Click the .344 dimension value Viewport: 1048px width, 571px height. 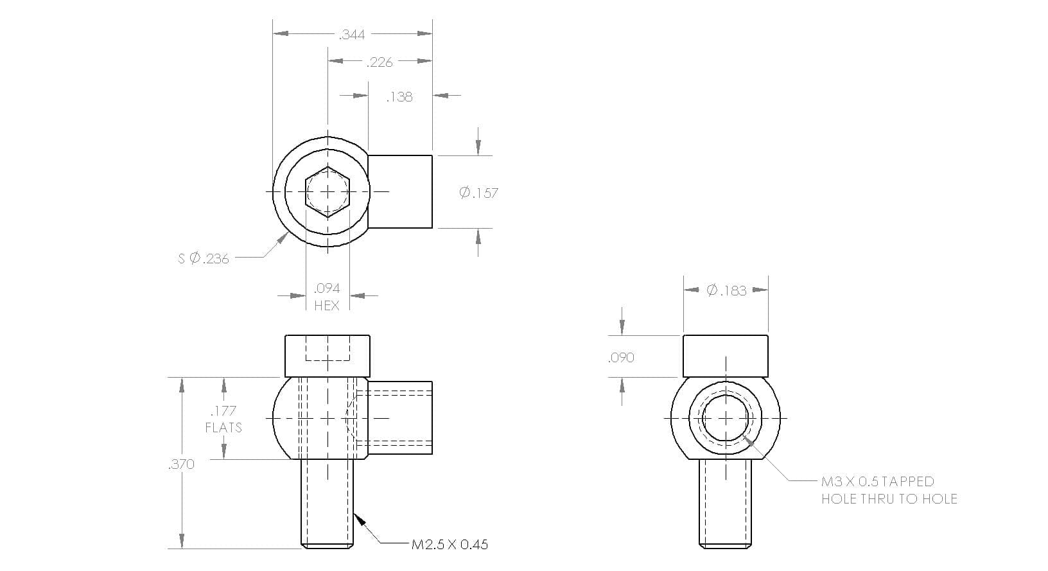point(352,35)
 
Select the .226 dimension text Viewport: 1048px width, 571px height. point(380,62)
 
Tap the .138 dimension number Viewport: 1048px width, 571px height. point(399,97)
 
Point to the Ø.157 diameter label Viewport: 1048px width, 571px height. point(478,193)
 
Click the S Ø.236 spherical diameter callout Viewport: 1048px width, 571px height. point(204,258)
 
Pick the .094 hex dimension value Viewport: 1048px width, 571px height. point(327,288)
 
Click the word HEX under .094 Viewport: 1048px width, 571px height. point(327,306)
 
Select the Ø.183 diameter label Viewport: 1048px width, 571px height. point(726,291)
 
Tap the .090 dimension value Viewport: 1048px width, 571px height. point(622,358)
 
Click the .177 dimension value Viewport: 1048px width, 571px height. point(223,411)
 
